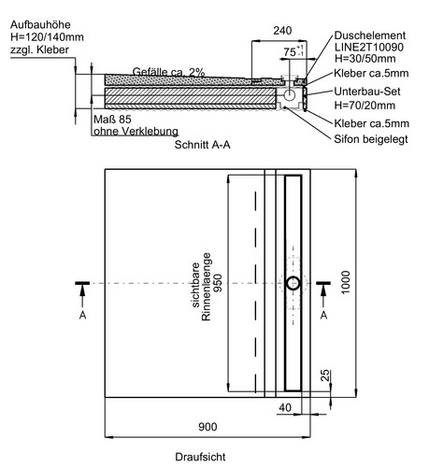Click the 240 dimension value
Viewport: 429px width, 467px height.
(282, 31)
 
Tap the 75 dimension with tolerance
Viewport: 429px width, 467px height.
(293, 51)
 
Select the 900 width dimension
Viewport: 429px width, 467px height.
(207, 427)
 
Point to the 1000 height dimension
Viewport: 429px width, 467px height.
(346, 282)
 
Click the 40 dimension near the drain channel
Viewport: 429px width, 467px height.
(285, 407)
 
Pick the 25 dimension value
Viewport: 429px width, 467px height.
(324, 375)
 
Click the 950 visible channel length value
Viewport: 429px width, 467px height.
(219, 283)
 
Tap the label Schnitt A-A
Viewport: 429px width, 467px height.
(203, 145)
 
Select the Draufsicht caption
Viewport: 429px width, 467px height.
(200, 457)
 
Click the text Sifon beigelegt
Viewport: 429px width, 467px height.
(371, 139)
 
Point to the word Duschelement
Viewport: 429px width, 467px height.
(370, 35)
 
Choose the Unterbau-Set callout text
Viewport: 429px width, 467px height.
(367, 92)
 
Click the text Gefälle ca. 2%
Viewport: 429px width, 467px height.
(168, 72)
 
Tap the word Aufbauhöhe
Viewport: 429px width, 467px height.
(40, 24)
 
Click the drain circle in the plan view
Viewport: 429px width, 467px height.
(293, 283)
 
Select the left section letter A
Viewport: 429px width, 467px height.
(82, 316)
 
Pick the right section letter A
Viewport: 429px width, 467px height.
(323, 316)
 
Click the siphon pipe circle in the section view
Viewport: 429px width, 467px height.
(290, 95)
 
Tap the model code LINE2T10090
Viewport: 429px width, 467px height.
(369, 47)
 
